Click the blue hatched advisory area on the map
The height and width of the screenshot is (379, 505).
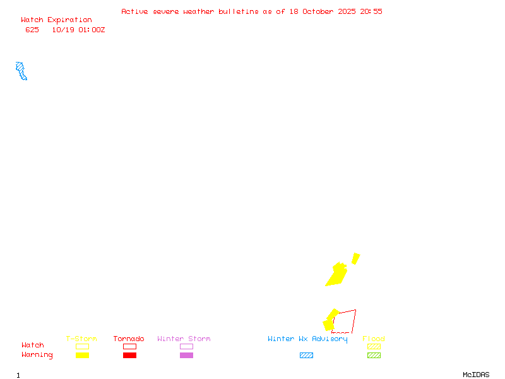(21, 70)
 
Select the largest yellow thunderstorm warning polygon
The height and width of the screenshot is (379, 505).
(337, 275)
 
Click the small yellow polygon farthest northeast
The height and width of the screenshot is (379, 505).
(356, 258)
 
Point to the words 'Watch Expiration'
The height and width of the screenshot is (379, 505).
(56, 20)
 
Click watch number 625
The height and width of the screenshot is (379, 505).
(32, 30)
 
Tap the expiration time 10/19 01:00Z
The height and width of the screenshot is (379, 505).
(78, 30)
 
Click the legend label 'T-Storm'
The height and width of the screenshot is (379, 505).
(81, 339)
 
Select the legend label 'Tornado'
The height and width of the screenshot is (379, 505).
(129, 339)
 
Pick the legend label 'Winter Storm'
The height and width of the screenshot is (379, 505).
(184, 339)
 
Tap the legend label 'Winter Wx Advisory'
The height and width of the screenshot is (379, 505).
(307, 339)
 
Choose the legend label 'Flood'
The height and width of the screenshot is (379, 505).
(374, 339)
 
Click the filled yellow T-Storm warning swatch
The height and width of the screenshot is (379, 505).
(82, 355)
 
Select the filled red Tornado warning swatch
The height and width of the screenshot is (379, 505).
(129, 355)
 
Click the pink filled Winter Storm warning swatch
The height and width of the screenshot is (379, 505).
(186, 355)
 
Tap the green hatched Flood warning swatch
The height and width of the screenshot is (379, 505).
(374, 355)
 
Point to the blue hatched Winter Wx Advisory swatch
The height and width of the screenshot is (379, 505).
(306, 355)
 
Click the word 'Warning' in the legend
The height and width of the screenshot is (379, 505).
(37, 355)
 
